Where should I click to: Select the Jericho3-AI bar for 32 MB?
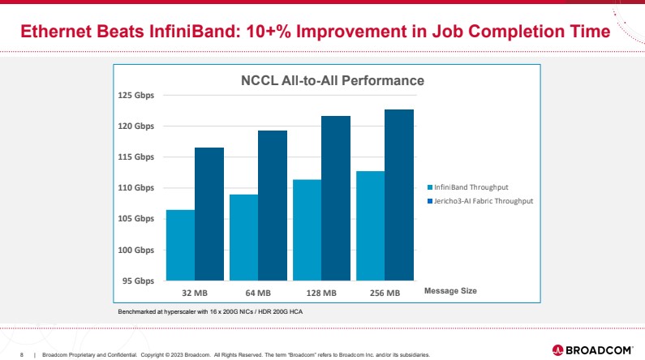209,214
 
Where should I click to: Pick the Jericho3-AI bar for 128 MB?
336,198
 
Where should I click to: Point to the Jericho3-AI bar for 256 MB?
399,195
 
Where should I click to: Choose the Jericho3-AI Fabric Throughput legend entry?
483,200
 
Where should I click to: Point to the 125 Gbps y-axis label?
137,96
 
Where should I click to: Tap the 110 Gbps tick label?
137,188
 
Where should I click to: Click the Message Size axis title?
450,290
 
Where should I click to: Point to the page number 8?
22,354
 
